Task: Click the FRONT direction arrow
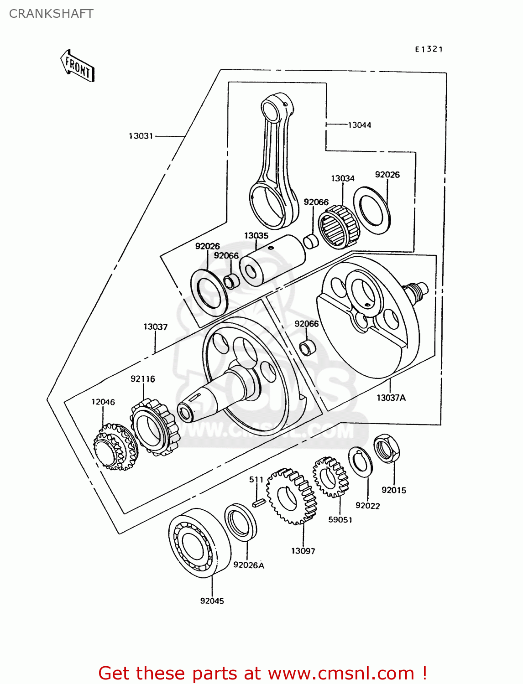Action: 78,66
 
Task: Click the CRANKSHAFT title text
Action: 51,14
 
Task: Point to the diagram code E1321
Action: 429,49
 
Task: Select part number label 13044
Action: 359,125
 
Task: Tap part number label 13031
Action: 141,136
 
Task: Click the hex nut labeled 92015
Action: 387,449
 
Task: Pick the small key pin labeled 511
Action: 259,503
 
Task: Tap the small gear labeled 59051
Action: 330,477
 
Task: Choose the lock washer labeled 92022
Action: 361,462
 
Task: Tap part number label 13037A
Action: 391,398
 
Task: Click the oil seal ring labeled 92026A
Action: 241,522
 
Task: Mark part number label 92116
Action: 142,379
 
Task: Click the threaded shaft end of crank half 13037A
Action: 416,291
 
